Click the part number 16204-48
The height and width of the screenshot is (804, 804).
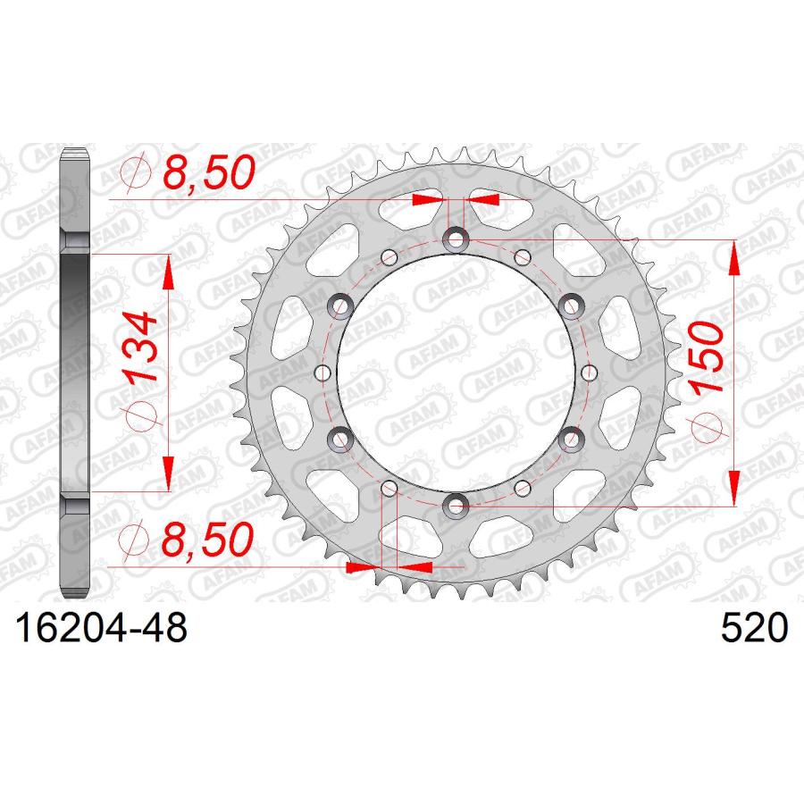point(102,628)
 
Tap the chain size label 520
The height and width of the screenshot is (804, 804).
point(754,628)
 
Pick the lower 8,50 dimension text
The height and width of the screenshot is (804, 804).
point(207,540)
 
